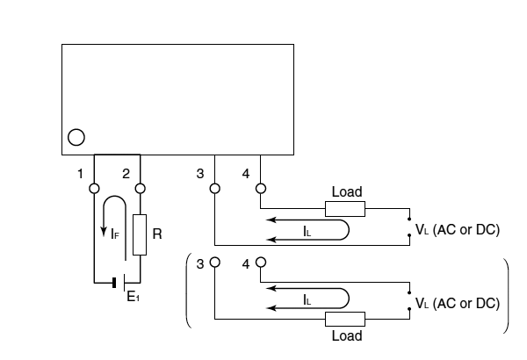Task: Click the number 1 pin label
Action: tap(80, 174)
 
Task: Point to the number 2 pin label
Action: tap(126, 174)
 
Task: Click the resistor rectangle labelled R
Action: tap(140, 234)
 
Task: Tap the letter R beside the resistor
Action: tap(157, 234)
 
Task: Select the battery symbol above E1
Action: tap(119, 283)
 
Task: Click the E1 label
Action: tap(134, 297)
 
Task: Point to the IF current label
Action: tap(115, 234)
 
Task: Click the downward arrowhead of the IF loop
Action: tap(105, 232)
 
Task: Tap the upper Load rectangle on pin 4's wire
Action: tap(345, 209)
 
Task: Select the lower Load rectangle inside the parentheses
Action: tap(345, 319)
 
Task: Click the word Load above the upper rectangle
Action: tap(347, 192)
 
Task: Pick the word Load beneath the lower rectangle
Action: tap(347, 335)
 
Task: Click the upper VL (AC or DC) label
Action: tap(458, 229)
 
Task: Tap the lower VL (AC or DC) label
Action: tap(458, 303)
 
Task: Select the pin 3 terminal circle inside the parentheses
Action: tap(215, 263)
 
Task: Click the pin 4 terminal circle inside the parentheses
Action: tap(261, 263)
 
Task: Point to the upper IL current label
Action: tap(307, 231)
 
